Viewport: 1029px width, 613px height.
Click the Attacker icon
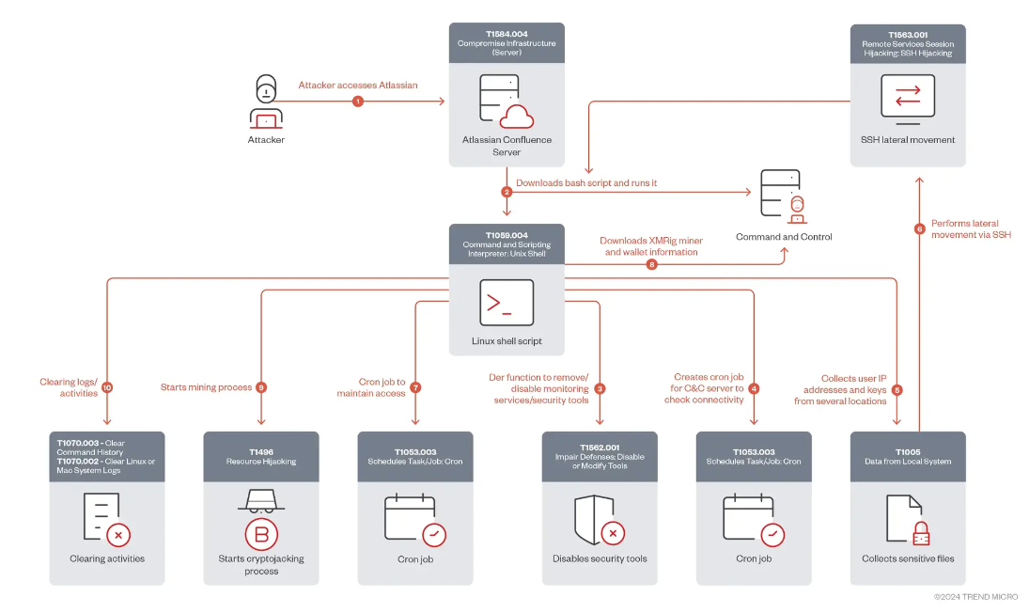[x=266, y=102]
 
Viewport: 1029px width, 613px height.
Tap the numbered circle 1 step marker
[x=357, y=102]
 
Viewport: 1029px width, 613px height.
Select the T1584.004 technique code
[x=507, y=34]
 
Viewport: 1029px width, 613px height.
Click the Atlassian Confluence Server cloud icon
[x=516, y=116]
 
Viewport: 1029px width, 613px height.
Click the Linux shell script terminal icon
[x=507, y=303]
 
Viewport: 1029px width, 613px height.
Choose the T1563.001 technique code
[x=907, y=34]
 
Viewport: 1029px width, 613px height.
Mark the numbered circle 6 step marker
[x=920, y=228]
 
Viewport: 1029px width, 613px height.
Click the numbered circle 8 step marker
[x=652, y=264]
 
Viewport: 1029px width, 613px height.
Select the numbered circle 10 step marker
[x=107, y=387]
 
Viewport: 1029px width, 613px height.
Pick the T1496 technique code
[x=260, y=452]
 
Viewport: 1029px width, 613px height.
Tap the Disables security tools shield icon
[x=599, y=520]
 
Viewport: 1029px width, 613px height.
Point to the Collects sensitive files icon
[x=908, y=520]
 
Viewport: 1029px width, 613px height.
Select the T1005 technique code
[x=907, y=452]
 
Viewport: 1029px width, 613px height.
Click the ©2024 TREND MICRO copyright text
[x=975, y=597]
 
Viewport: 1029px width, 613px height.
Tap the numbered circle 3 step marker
[x=600, y=387]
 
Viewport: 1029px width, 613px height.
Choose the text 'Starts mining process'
[x=206, y=387]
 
